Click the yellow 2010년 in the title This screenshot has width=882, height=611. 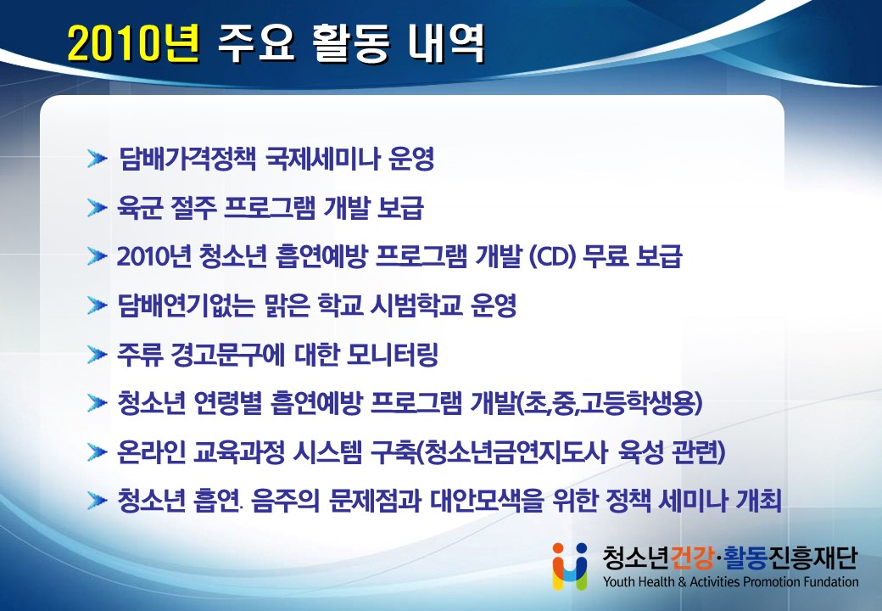pyautogui.click(x=134, y=44)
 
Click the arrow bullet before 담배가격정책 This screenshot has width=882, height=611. pyautogui.click(x=98, y=160)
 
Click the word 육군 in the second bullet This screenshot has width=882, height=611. pyautogui.click(x=140, y=208)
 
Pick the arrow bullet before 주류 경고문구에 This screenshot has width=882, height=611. pyautogui.click(x=98, y=355)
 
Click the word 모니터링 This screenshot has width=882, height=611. pyautogui.click(x=392, y=355)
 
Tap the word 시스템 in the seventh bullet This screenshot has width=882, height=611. pyautogui.click(x=328, y=451)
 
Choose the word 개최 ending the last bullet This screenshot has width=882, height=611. pyautogui.click(x=759, y=500)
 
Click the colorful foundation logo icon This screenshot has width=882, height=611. pyautogui.click(x=569, y=566)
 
